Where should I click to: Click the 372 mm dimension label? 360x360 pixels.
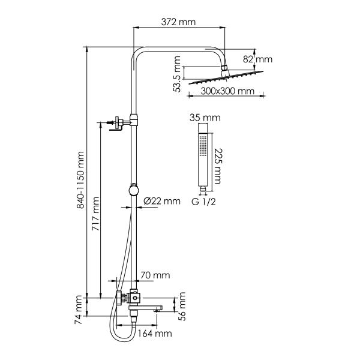tap(179, 22)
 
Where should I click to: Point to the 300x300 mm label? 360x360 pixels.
tap(225, 91)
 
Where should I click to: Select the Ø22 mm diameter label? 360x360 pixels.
tap(161, 201)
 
